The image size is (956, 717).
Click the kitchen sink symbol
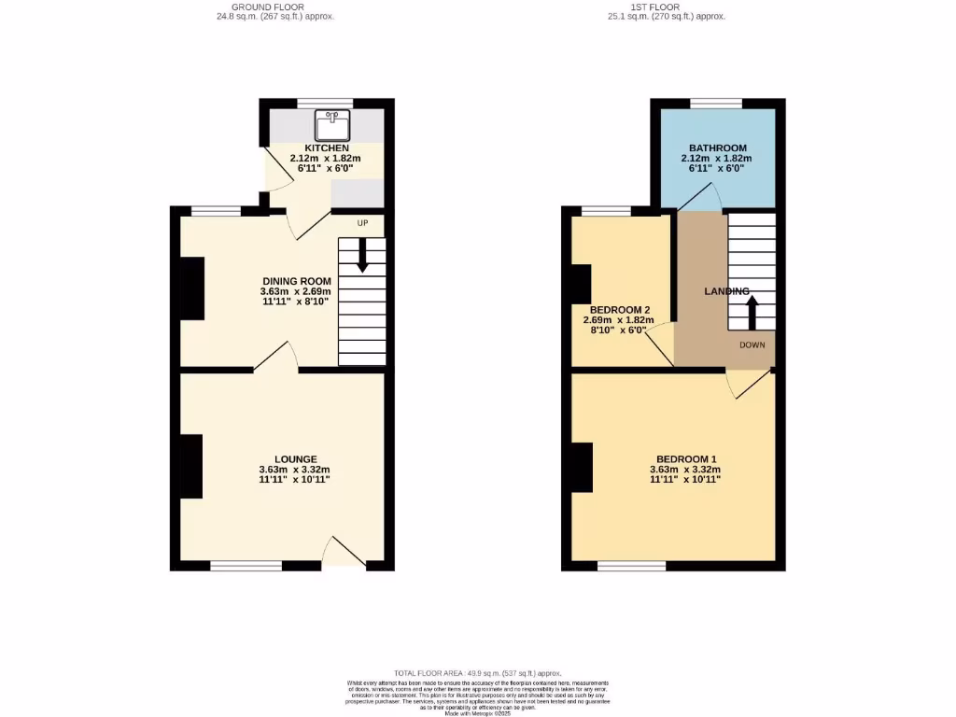point(331,122)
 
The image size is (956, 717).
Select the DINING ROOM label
point(297,281)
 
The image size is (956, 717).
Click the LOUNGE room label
point(295,459)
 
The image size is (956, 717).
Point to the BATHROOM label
point(717,148)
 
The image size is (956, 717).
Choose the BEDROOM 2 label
point(620,310)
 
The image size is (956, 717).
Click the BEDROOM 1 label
point(686,458)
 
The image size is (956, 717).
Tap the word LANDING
point(726,291)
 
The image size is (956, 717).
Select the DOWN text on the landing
point(752,344)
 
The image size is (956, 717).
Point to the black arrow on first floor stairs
point(751,313)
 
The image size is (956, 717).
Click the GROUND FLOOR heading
point(268,7)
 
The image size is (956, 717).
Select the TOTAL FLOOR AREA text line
point(477,672)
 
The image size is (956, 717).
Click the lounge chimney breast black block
point(191,467)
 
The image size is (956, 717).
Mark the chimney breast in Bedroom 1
point(582,467)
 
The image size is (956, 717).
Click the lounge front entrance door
point(343,554)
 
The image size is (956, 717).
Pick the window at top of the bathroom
point(716,103)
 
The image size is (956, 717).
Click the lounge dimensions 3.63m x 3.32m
point(295,470)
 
